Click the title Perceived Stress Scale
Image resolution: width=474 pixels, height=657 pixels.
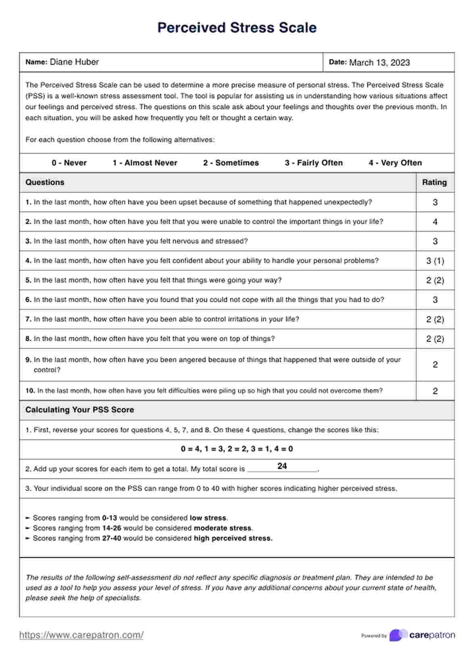[x=237, y=27]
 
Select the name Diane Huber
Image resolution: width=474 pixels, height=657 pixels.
[x=74, y=62]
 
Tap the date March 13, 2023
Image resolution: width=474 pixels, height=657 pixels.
[x=379, y=62]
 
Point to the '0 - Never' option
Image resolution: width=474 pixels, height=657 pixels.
[x=69, y=163]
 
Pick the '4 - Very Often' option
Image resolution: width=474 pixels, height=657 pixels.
[x=395, y=163]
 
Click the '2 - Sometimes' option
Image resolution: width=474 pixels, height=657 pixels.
[x=231, y=163]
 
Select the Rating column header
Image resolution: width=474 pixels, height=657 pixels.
[x=434, y=182]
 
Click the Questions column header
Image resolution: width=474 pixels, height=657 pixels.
[x=45, y=182]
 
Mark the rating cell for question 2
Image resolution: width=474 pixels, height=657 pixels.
[x=435, y=222]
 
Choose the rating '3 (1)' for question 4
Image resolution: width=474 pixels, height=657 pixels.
[x=435, y=261]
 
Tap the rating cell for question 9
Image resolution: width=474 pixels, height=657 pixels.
[x=435, y=364]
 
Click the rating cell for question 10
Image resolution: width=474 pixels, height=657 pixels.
[x=435, y=391]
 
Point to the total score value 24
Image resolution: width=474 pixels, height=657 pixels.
[x=282, y=466]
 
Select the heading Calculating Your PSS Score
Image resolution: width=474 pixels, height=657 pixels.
[x=79, y=410]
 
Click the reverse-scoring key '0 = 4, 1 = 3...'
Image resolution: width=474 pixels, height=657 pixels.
[x=237, y=449]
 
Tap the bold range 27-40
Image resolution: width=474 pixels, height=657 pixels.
[x=112, y=538]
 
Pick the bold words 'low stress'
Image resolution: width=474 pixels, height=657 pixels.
[x=208, y=518]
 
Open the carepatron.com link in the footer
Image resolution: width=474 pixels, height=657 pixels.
[x=81, y=635]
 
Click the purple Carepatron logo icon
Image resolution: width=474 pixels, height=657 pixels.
[x=398, y=635]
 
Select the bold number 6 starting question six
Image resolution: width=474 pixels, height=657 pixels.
[x=28, y=300]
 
